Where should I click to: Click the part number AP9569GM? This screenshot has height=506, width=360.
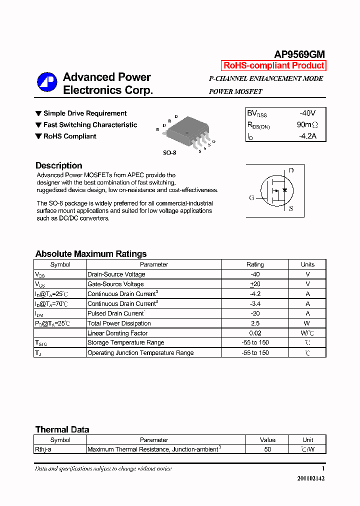(299, 54)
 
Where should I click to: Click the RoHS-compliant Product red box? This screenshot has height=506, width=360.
(273, 65)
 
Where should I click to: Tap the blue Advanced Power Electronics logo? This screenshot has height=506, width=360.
(47, 82)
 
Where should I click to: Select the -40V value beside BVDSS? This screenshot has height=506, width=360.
(307, 113)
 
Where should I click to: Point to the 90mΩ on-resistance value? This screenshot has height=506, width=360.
(306, 124)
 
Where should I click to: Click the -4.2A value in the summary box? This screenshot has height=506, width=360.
(307, 135)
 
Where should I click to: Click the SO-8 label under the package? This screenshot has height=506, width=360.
(169, 153)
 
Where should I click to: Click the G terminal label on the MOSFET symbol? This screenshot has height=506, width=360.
(251, 197)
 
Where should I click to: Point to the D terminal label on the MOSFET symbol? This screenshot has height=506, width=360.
(291, 170)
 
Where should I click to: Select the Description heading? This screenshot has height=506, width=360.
(58, 165)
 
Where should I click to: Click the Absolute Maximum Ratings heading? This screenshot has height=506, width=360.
(91, 254)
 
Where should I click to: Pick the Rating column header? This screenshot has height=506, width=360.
(255, 264)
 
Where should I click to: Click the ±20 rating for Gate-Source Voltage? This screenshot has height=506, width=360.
(255, 284)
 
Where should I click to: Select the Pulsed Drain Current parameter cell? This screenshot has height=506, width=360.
(116, 313)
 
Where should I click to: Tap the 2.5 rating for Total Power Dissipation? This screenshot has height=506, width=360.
(255, 323)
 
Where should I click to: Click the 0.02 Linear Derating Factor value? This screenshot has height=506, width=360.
(255, 333)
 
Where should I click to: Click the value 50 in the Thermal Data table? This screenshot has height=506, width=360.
(267, 449)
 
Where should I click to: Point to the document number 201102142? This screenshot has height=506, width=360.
(311, 478)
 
